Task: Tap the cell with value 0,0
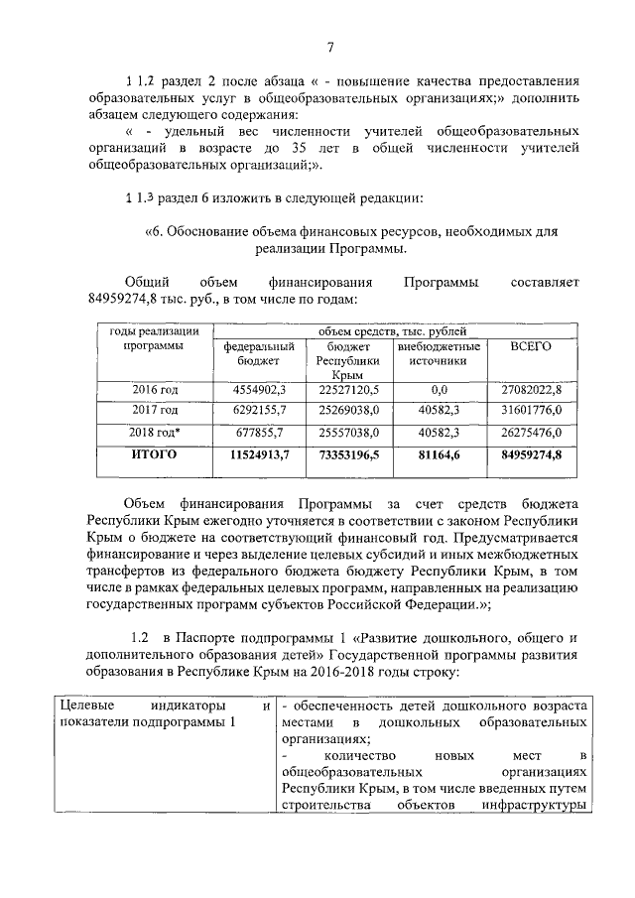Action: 440,390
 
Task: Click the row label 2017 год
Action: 155,411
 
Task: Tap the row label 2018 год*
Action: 155,433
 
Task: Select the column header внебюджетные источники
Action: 440,354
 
